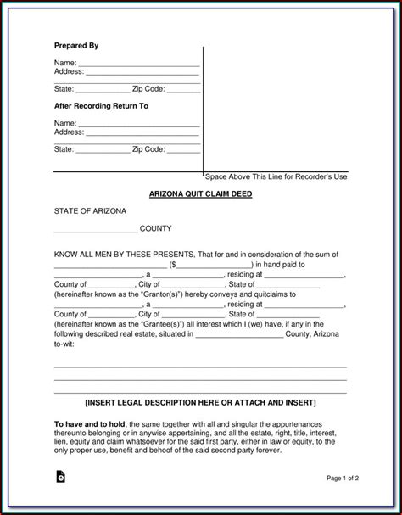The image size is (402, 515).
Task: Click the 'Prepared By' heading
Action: coord(75,45)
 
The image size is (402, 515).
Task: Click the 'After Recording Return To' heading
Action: coord(101,106)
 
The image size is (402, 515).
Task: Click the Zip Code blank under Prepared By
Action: coord(183,89)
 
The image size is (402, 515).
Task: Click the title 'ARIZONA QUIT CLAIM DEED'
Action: coord(200,194)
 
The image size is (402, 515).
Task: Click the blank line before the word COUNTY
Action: coord(95,229)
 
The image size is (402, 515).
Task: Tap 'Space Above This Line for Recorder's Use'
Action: coord(276,176)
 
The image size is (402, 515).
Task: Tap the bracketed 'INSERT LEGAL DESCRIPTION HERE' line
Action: coord(200,400)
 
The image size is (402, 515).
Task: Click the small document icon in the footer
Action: coord(59,478)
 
